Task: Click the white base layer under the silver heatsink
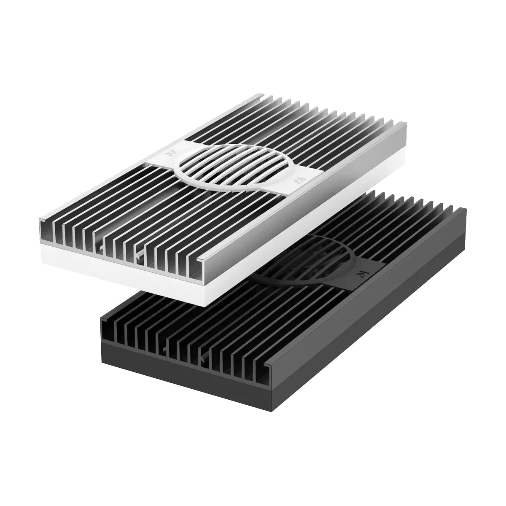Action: point(126,270)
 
